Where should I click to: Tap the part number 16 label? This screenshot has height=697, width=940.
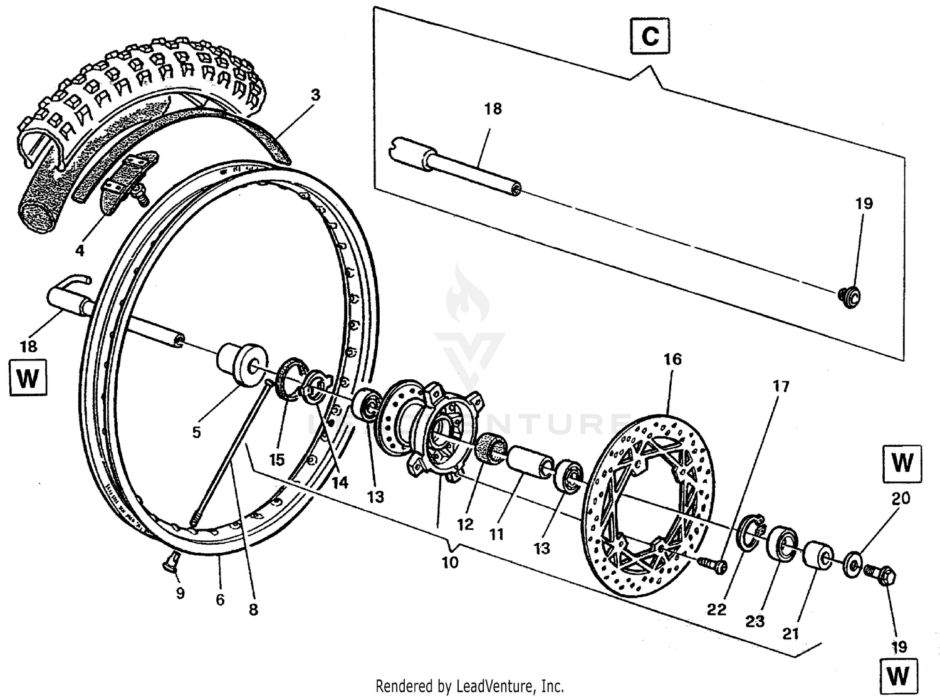coord(672,359)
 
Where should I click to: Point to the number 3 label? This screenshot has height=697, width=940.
coord(315,95)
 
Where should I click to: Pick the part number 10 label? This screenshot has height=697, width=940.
coord(450,562)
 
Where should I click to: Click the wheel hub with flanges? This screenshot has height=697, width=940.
coord(432,432)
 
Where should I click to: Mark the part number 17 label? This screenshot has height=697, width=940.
coord(781,386)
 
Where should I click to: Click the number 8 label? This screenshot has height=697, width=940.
coord(253,609)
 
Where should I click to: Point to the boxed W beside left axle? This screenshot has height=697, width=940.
coord(28,378)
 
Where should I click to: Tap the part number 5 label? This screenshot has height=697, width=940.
coord(196,432)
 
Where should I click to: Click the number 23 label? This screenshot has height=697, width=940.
coord(755,621)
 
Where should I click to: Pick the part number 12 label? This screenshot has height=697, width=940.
coord(465,523)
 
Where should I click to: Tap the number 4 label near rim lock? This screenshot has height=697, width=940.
coord(80,251)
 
